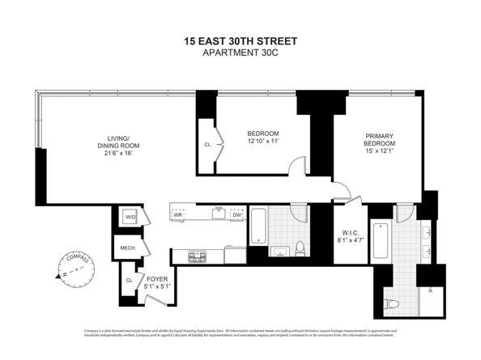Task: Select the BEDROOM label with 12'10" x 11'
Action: pyautogui.click(x=262, y=138)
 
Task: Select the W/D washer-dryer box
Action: pyautogui.click(x=130, y=217)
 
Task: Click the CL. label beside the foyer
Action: pyautogui.click(x=130, y=280)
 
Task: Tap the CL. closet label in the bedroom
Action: pyautogui.click(x=208, y=145)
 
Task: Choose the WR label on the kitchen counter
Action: pyautogui.click(x=177, y=214)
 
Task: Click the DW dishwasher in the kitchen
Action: pyautogui.click(x=236, y=214)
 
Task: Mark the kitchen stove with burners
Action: pyautogui.click(x=197, y=257)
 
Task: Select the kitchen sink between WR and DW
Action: pyautogui.click(x=217, y=214)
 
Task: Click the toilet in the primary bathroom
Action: pyautogui.click(x=394, y=303)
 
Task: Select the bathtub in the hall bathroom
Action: pyautogui.click(x=258, y=227)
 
